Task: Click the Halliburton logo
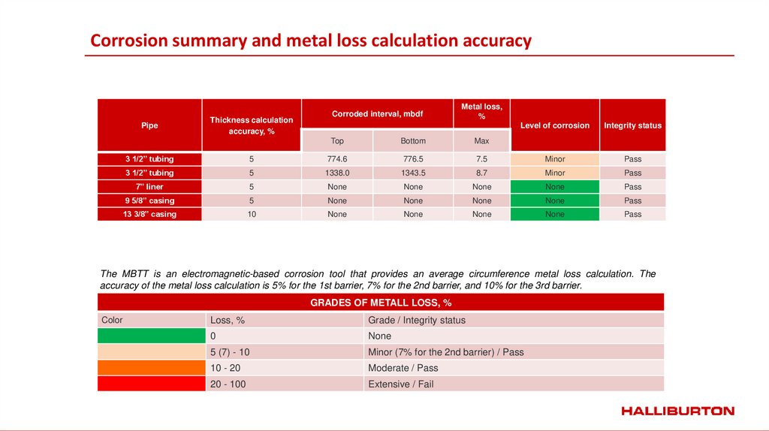tap(677, 411)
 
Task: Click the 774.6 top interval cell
tap(337, 159)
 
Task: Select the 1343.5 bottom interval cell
tap(413, 173)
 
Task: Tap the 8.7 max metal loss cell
tap(481, 173)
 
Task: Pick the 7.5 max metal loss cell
tap(481, 159)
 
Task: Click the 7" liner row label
tap(149, 186)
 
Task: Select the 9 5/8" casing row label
tap(149, 200)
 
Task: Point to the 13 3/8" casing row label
tap(149, 214)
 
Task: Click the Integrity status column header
tap(632, 125)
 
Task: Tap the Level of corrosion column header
tap(554, 125)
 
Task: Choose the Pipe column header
tap(149, 125)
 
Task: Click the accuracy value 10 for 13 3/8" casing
tap(252, 214)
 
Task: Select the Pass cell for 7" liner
tap(632, 186)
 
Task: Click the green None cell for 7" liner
tap(554, 186)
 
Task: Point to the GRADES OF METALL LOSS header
tap(381, 303)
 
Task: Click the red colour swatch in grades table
tap(151, 384)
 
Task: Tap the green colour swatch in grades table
tap(151, 336)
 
